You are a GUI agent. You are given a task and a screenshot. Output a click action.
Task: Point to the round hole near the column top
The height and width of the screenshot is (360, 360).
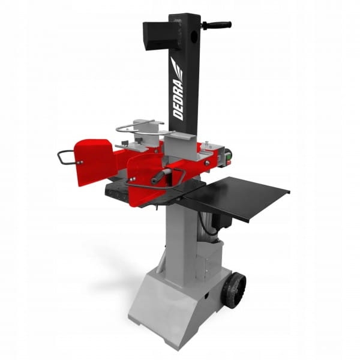[x=194, y=35]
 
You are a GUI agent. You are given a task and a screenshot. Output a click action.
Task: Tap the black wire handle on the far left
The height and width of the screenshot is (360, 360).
[x=65, y=157]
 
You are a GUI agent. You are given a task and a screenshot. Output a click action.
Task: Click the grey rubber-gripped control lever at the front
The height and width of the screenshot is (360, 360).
[x=161, y=176]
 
